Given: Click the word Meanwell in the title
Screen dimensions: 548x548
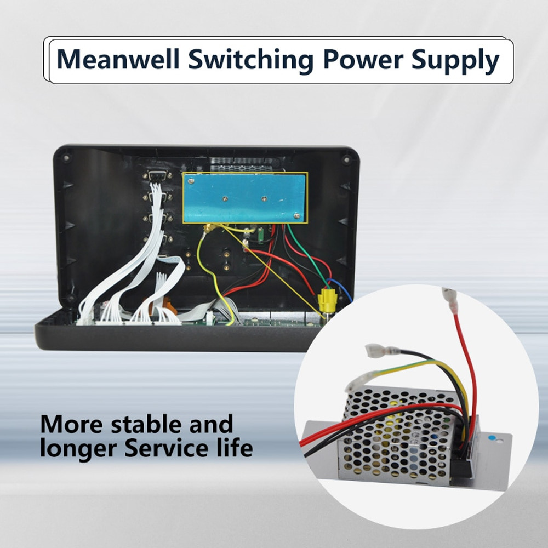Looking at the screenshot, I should coord(118,60).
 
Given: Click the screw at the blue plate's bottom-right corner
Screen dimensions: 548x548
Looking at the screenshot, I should coord(296,215).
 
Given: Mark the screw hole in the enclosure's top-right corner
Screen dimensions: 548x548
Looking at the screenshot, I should coord(346,159).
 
